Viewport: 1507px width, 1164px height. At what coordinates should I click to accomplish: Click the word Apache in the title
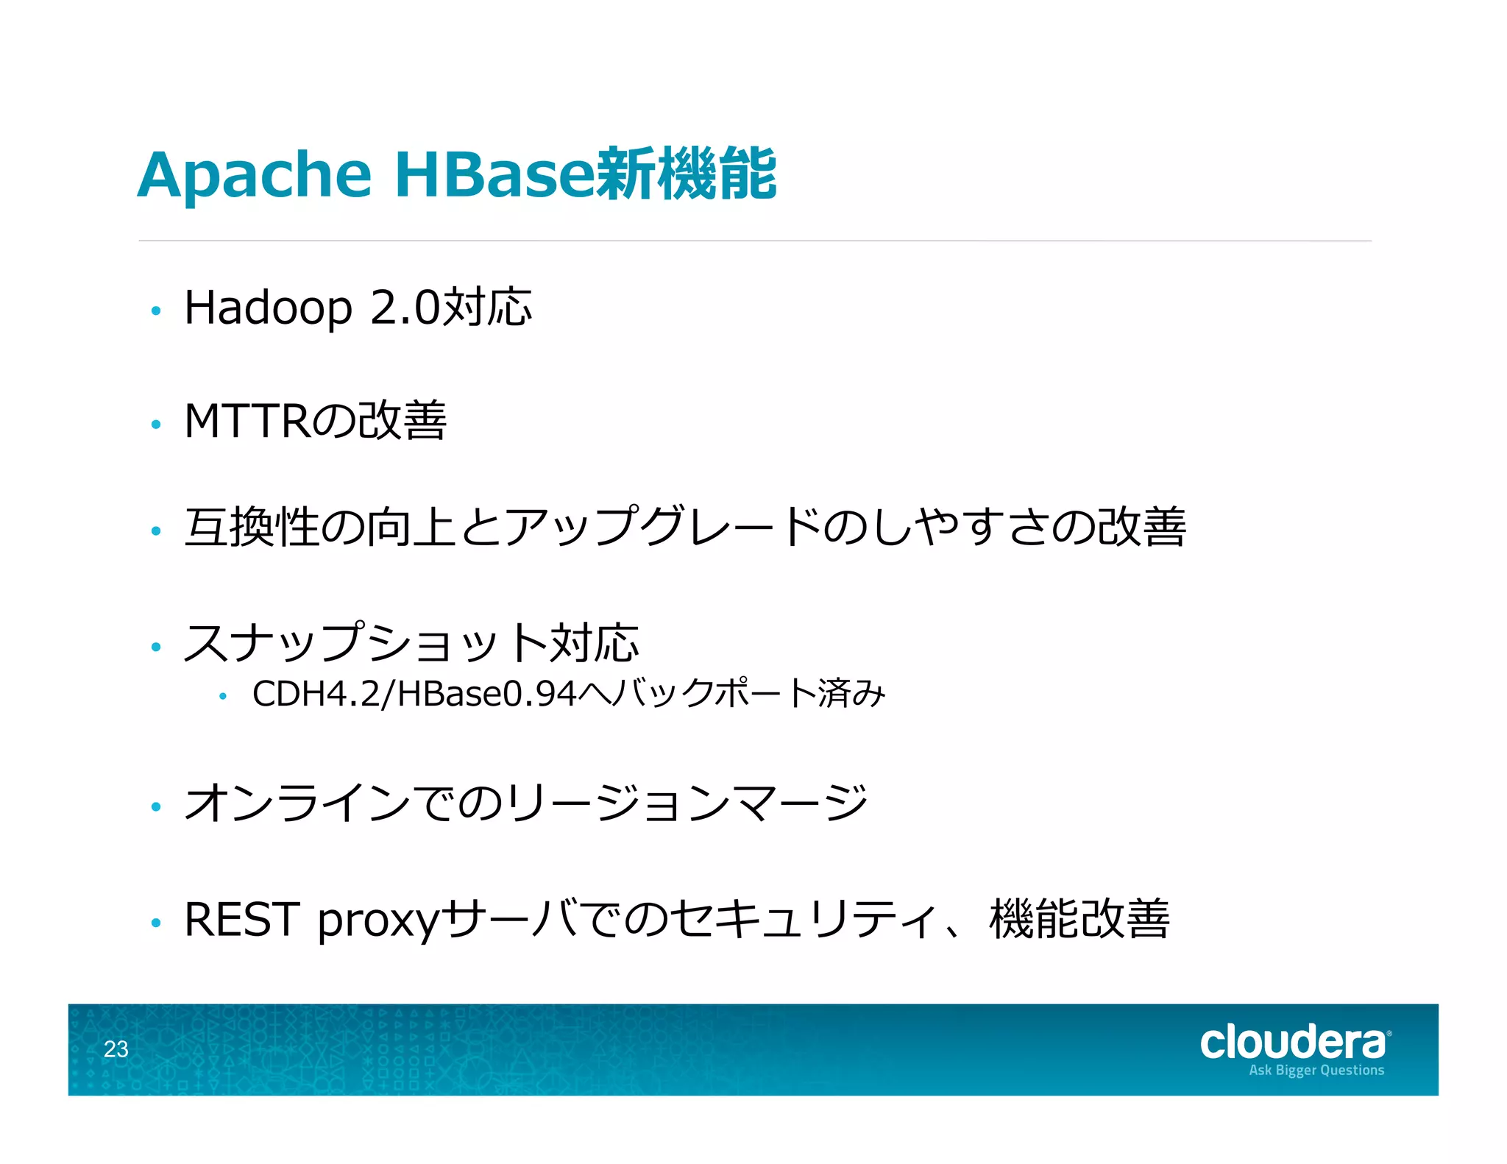pos(255,177)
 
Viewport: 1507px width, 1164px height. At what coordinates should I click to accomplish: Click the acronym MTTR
pos(247,421)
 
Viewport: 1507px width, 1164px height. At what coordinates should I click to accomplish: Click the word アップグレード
pos(661,528)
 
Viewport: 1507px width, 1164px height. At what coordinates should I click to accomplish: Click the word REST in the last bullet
pos(242,920)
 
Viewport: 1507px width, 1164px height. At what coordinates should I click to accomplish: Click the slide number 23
pos(116,1049)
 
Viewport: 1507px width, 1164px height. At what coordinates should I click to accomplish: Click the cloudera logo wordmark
pos(1292,1043)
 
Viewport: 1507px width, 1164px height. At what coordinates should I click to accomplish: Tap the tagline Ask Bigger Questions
pos(1316,1071)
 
